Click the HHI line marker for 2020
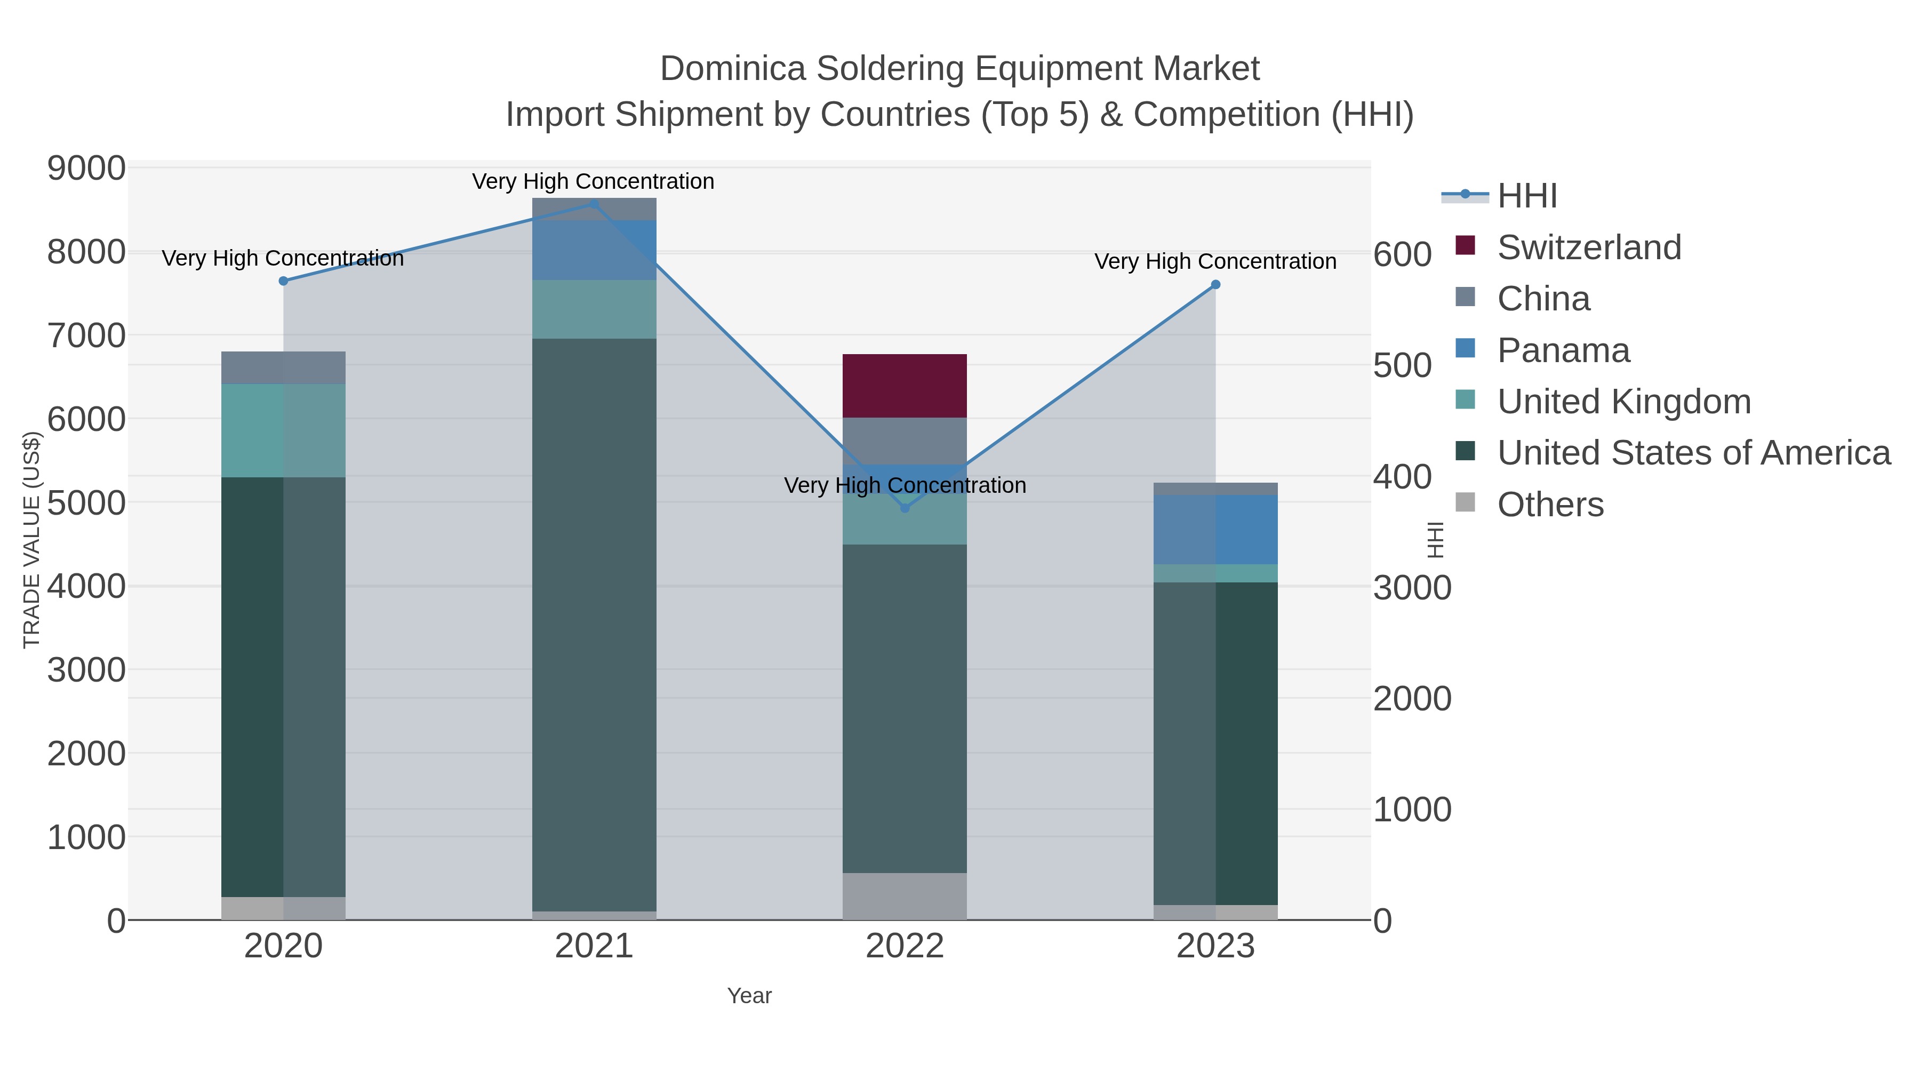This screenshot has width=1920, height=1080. coord(283,281)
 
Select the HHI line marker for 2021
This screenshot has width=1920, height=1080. coord(594,204)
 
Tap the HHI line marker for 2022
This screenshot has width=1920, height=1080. coord(905,508)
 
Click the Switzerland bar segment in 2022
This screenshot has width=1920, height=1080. coord(905,386)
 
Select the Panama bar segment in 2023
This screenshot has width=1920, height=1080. coord(1215,529)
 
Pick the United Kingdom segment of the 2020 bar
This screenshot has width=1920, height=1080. coord(283,431)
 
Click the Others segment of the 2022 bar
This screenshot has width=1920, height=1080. coord(905,896)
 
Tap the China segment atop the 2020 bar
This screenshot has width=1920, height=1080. coord(283,367)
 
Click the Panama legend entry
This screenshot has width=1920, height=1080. coord(1563,350)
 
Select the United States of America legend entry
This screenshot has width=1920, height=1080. coord(1693,453)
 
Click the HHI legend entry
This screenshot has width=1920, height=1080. coord(1526,196)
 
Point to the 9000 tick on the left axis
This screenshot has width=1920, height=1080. coord(86,169)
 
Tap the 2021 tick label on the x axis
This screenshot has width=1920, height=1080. coord(594,947)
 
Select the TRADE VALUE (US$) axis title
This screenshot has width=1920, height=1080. coord(31,540)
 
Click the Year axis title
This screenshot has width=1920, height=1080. coord(749,996)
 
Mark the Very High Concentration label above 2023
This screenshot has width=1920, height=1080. coord(1215,262)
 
